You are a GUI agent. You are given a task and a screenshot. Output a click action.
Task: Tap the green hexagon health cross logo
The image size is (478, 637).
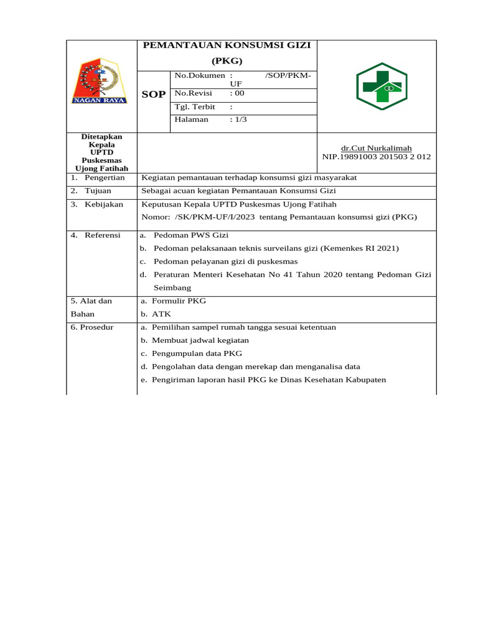(x=381, y=86)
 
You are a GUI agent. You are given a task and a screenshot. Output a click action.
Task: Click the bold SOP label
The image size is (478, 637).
(x=154, y=95)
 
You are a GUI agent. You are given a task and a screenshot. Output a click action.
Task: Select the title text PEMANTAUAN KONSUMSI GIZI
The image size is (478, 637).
(x=227, y=45)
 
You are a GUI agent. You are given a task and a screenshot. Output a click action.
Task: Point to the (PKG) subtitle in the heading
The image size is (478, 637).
(x=227, y=61)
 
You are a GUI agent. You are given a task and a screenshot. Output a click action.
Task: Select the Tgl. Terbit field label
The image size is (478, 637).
(x=195, y=106)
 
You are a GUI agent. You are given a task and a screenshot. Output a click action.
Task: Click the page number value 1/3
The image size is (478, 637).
(x=238, y=119)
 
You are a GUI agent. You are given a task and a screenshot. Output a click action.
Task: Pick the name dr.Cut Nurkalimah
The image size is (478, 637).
(x=376, y=148)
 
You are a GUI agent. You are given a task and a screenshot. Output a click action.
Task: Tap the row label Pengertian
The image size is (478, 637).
(x=105, y=177)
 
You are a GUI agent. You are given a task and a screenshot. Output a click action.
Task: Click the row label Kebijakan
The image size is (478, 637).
(x=104, y=204)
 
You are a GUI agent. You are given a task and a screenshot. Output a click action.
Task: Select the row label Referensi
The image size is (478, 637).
(x=103, y=235)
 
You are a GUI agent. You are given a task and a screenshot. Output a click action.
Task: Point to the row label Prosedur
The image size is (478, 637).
(x=96, y=327)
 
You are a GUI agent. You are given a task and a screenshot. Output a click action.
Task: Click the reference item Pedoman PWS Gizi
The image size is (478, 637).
(x=191, y=235)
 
